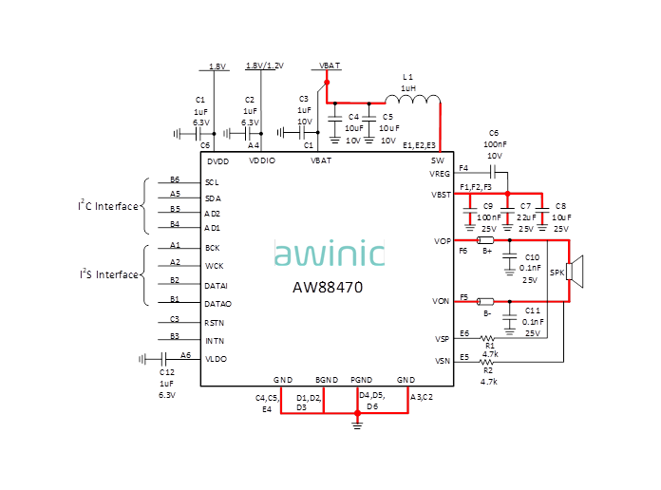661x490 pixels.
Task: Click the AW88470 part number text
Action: click(x=327, y=286)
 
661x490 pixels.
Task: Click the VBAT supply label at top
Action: click(x=330, y=65)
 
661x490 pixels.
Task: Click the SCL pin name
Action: click(x=212, y=181)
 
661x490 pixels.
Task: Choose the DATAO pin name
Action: click(x=217, y=303)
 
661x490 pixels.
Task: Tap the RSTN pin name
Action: click(x=215, y=323)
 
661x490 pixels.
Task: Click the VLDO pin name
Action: click(x=216, y=358)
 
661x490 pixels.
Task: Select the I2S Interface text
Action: click(x=108, y=274)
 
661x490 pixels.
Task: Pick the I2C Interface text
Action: click(x=108, y=206)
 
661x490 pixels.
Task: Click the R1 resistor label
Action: click(x=489, y=346)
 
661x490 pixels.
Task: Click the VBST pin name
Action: click(x=441, y=194)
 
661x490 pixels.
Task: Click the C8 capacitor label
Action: click(x=560, y=206)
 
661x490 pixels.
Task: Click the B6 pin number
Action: click(x=175, y=179)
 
